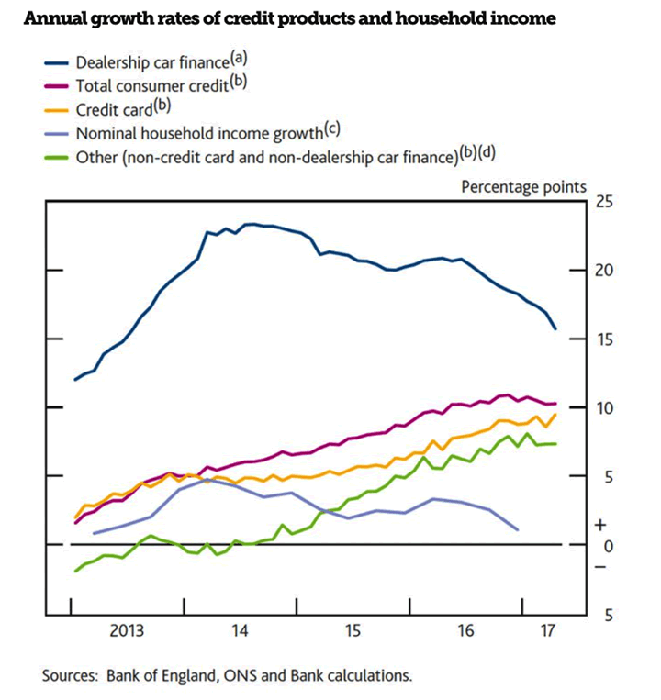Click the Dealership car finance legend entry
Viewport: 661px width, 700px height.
(x=151, y=62)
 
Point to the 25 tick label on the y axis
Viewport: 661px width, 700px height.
(x=605, y=201)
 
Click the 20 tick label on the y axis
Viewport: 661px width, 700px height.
(x=605, y=270)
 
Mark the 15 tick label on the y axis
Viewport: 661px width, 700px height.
(x=605, y=339)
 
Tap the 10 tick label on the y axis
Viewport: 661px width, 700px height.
(x=605, y=407)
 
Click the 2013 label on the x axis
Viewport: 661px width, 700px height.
(x=128, y=631)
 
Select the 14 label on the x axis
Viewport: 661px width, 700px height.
(x=241, y=631)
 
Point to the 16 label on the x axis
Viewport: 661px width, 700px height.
(x=465, y=631)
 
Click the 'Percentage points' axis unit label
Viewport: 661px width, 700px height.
(x=522, y=186)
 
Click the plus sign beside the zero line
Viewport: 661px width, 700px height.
(x=600, y=526)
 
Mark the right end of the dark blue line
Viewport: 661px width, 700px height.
(x=555, y=328)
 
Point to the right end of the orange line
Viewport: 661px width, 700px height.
(x=555, y=415)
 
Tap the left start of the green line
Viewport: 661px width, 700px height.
(x=75, y=571)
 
